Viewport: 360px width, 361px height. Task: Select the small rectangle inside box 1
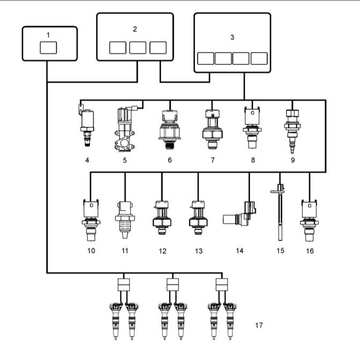coord(48,48)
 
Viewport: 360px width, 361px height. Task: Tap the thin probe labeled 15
coord(280,212)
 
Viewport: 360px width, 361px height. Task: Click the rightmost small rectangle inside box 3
coord(259,58)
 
